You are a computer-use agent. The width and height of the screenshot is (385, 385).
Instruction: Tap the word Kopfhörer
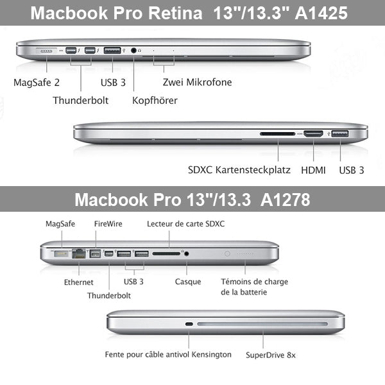[x=155, y=100]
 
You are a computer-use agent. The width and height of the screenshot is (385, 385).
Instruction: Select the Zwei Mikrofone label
[x=197, y=82]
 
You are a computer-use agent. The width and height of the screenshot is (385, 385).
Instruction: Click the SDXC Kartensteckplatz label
[x=239, y=170]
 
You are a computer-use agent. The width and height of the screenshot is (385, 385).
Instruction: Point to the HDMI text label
[x=313, y=170]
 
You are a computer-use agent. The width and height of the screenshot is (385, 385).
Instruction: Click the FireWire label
[x=108, y=224]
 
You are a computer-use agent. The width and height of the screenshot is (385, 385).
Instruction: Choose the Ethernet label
[x=78, y=282]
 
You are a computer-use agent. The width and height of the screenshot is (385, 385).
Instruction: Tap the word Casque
[x=188, y=282]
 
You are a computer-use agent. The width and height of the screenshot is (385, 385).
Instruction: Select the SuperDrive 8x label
[x=270, y=354]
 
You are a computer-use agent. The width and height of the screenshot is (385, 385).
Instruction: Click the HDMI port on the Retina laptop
[x=313, y=135]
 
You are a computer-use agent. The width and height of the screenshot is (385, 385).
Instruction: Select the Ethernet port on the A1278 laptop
[x=80, y=253]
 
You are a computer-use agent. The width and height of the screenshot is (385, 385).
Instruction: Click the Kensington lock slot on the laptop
[x=189, y=324]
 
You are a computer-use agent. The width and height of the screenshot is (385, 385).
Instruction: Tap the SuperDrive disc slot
[x=262, y=324]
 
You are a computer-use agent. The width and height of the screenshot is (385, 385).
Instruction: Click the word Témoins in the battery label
[x=237, y=282]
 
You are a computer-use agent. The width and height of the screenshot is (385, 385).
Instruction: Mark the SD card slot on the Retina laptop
[x=278, y=135]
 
